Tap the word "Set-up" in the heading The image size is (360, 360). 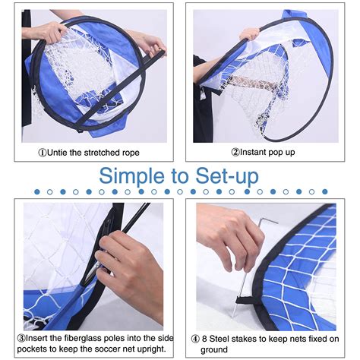coord(227,175)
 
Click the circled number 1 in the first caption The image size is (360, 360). coord(43,153)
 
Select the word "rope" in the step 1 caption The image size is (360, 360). coord(131,153)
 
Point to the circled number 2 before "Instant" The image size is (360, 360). coord(235,152)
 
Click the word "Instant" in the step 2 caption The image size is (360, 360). coord(253,152)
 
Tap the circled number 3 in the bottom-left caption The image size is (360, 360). coord(21,338)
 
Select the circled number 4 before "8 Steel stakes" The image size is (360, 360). coord(195,339)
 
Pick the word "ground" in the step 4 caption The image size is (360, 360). coord(214,350)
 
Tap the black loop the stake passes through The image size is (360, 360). coord(245,300)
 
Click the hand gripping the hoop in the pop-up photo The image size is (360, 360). coord(250,33)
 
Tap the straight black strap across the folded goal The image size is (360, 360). coord(122,89)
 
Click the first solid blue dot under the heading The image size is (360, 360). coord(37,192)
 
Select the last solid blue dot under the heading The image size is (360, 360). coord(325,191)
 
